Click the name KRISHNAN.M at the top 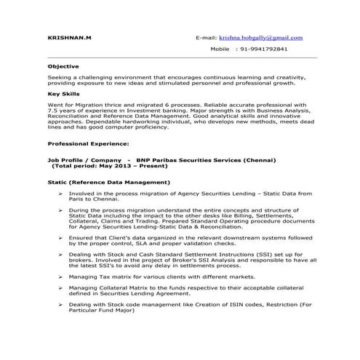(69, 38)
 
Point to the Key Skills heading (63, 94)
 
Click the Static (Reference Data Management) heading (109, 181)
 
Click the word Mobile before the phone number (220, 49)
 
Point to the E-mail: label (209, 38)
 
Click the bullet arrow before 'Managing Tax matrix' (61, 276)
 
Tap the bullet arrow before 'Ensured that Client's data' (61, 236)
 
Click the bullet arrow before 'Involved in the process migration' (61, 193)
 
